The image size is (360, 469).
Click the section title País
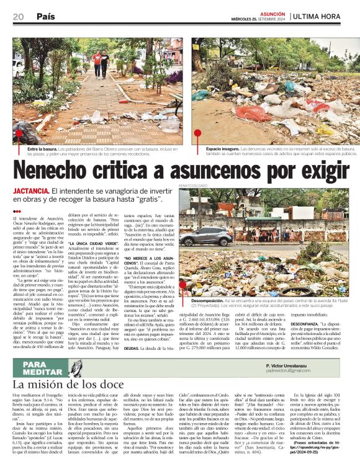[45, 16]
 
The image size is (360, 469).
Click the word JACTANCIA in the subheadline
[30, 193]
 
